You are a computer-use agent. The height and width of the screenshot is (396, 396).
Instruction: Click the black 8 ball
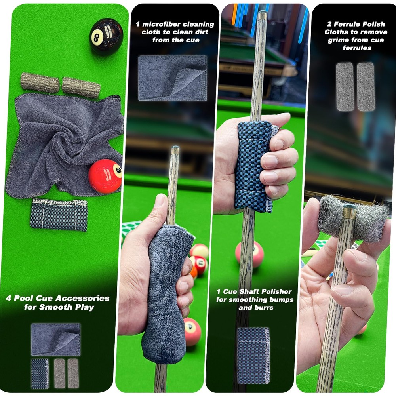coord(106,36)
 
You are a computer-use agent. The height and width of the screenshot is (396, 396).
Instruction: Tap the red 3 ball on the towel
coord(105,176)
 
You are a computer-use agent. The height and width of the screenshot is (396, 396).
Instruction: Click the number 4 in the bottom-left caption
coord(8,298)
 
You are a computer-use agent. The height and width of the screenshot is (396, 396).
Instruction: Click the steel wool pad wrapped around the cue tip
coord(352,218)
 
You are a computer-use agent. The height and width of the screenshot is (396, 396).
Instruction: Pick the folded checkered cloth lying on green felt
coord(59,214)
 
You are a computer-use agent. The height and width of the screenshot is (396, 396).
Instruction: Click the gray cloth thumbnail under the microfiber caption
coord(172,78)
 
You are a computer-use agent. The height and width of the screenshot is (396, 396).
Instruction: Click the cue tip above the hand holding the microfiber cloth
coord(175,150)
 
